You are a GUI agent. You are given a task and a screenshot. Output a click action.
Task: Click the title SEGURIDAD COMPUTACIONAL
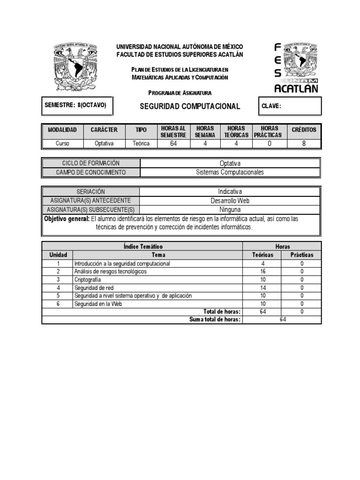[190, 106]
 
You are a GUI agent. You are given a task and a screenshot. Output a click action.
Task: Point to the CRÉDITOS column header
[304, 130]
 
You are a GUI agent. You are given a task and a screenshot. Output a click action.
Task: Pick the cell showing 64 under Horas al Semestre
[173, 144]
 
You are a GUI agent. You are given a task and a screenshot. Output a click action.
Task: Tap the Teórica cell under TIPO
[141, 144]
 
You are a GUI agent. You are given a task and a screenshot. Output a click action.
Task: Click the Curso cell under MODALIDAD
[62, 144]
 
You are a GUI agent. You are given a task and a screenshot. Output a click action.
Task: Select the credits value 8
[304, 144]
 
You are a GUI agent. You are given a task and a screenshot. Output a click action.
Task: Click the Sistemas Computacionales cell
[230, 172]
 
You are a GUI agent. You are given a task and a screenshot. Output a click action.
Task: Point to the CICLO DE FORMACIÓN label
[91, 163]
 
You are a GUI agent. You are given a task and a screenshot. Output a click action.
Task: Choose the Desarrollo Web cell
[230, 201]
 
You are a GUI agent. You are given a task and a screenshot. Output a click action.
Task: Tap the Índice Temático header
[143, 247]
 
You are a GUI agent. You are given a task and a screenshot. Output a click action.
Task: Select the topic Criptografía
[88, 279]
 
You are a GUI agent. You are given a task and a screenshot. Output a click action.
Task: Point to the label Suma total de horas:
[215, 320]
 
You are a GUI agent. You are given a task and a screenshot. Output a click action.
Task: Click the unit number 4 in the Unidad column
[58, 288]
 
